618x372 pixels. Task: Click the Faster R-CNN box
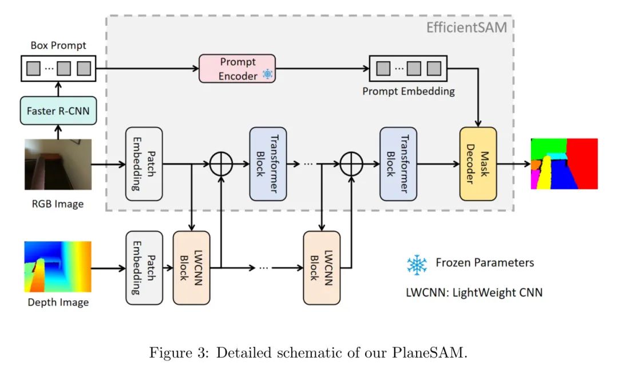coord(58,111)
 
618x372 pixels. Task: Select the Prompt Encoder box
coord(237,68)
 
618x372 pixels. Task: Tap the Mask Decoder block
coord(478,163)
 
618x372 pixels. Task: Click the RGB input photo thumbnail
coord(58,164)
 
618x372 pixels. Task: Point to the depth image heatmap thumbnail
coord(58,267)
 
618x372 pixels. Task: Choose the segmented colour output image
coord(564,163)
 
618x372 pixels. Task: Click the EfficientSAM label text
coord(466,27)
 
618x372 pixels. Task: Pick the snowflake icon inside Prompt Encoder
coord(267,75)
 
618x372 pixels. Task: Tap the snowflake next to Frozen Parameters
coord(417,264)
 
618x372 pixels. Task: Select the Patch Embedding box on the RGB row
coord(144,163)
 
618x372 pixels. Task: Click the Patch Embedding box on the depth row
coord(144,267)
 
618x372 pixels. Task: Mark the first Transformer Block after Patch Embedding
coord(268,163)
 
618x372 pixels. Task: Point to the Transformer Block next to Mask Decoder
coord(398,163)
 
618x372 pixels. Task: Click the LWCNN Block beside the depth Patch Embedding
coord(191,267)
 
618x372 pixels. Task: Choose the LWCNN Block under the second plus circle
coord(322,267)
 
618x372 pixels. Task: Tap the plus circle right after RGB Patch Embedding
coord(220,164)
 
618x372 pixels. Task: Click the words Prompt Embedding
coord(409,91)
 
